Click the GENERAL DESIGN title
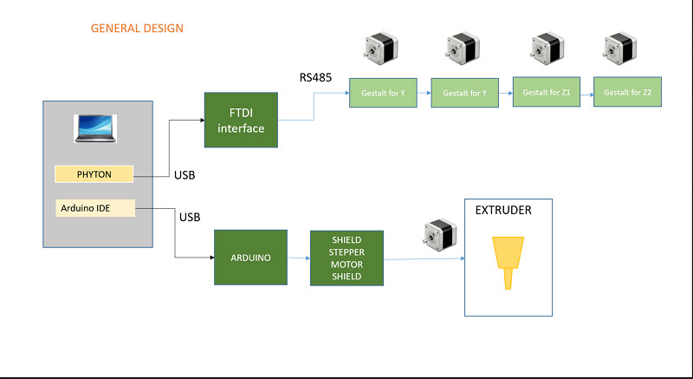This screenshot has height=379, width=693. pos(137,29)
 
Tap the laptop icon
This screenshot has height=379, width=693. pos(95,128)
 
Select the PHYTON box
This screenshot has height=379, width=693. pos(94,174)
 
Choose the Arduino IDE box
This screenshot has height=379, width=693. pos(95,208)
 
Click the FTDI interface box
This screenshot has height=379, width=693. pos(241,120)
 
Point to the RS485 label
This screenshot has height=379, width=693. pos(315,77)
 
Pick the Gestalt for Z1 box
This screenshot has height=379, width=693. pos(547,92)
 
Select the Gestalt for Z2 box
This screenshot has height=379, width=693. pos(627,92)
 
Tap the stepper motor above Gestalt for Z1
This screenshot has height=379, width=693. pos(547,48)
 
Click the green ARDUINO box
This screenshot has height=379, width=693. pos(250,258)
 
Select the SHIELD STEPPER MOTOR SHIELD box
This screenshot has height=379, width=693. pos(347,258)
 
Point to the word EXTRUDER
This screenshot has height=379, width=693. pos(503,210)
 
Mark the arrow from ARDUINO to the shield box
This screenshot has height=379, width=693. pos(299,258)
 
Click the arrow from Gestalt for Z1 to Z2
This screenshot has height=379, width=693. pos(587,95)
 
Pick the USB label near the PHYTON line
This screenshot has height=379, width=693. pos(185,175)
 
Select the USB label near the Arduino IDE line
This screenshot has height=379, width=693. pos(190,217)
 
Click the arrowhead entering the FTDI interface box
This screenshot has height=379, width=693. pos(203,120)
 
